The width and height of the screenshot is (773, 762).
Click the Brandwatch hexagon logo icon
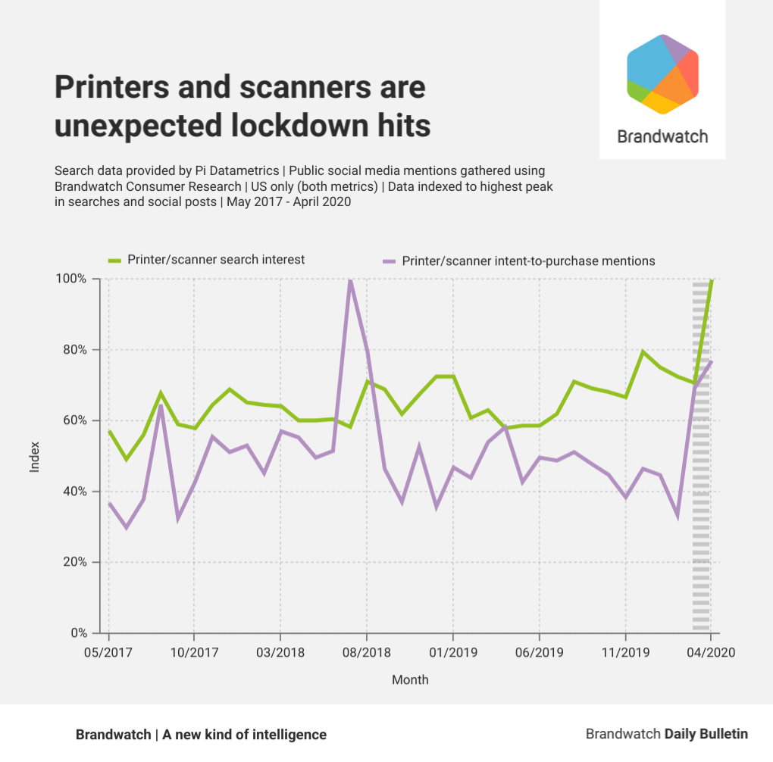pyautogui.click(x=662, y=74)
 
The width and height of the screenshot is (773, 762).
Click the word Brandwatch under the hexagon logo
pyautogui.click(x=662, y=136)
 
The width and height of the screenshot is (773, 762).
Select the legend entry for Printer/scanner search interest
pyautogui.click(x=216, y=260)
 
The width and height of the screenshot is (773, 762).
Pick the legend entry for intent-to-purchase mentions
pyautogui.click(x=528, y=261)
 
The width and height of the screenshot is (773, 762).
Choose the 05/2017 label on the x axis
pyautogui.click(x=108, y=652)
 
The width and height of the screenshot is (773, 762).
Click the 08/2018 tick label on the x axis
pyautogui.click(x=366, y=652)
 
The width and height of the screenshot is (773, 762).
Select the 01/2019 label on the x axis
pyautogui.click(x=452, y=652)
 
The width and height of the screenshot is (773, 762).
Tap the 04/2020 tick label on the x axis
pyautogui.click(x=710, y=652)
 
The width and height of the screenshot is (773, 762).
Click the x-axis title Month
pyautogui.click(x=410, y=679)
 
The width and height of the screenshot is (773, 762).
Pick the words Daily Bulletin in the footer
pyautogui.click(x=706, y=734)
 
